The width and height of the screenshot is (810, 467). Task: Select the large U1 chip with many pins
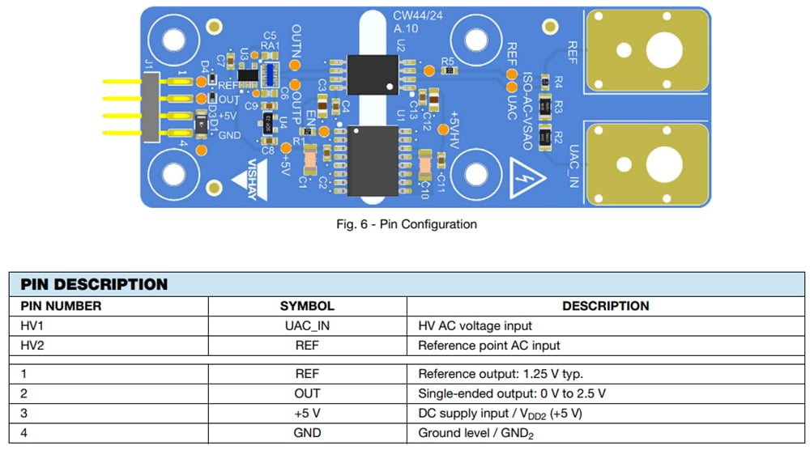pos(371,159)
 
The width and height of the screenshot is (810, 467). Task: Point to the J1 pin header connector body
pos(151,106)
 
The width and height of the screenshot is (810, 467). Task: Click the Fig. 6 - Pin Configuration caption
pos(406,224)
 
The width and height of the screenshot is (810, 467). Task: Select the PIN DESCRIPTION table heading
pos(94,284)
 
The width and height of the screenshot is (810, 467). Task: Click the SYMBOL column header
pos(307,306)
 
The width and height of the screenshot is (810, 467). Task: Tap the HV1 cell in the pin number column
pos(32,326)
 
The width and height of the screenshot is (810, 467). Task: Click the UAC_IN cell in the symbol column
pos(307,326)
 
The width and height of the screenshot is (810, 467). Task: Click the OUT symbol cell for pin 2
pos(307,393)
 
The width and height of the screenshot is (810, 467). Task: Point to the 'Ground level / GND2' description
pos(475,433)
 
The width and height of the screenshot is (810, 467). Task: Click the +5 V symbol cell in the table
pos(307,413)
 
